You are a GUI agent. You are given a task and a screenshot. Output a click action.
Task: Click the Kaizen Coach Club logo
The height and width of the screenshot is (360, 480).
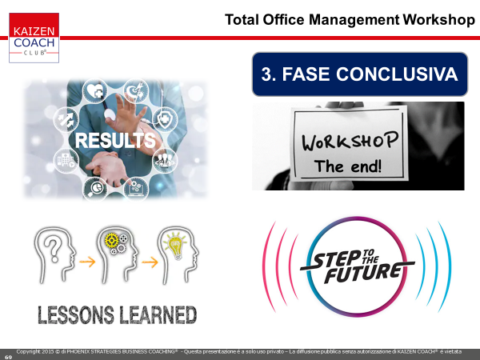34,38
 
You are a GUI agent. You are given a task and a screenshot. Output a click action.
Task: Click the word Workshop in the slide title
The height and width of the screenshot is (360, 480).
438,20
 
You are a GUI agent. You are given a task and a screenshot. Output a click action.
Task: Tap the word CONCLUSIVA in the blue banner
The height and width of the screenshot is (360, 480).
397,74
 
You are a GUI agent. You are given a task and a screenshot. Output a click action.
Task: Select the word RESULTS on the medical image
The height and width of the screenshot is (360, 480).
115,141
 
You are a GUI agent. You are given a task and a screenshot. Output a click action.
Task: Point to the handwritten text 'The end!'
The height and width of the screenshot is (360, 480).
348,166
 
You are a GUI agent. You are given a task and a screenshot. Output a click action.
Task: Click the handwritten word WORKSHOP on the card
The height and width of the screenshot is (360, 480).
350,141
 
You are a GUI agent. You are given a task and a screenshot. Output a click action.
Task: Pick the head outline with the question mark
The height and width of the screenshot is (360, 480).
55,254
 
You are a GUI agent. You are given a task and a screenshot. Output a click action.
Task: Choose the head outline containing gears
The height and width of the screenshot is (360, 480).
118,254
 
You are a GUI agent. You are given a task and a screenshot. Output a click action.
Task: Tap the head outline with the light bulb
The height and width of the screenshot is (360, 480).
178,254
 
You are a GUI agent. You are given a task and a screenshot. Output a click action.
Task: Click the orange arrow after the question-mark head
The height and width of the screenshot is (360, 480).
87,262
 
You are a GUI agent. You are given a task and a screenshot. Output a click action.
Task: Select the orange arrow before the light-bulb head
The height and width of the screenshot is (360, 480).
150,262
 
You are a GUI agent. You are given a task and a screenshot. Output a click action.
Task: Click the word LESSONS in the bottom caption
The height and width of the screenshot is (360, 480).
76,315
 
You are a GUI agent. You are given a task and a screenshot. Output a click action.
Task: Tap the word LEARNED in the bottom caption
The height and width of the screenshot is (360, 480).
158,315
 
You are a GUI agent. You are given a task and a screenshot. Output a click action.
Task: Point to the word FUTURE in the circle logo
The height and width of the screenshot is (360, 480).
363,273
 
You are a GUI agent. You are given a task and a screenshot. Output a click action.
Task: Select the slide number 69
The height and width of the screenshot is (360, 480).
8,357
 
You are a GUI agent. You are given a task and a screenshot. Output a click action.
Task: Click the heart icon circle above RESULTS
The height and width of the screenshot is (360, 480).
95,91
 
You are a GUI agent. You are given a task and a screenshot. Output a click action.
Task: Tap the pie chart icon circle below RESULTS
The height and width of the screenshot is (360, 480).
95,189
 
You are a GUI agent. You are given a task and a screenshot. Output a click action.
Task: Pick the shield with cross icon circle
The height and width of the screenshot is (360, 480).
165,119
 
